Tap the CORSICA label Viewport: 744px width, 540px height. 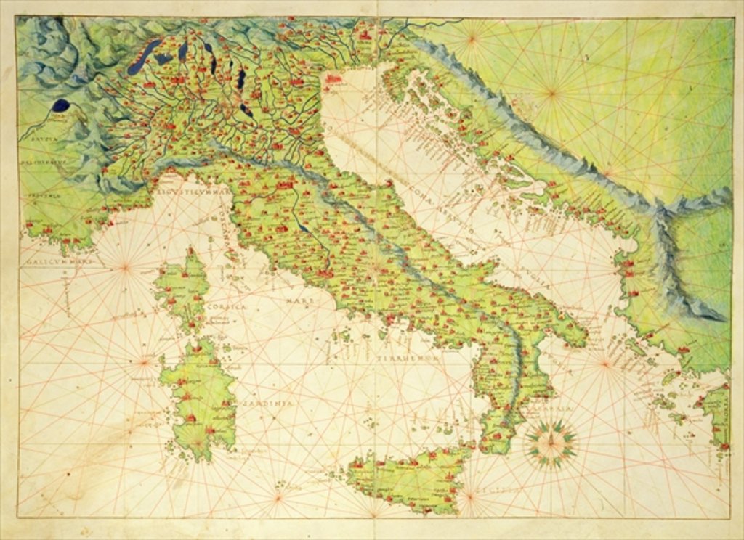[227, 308]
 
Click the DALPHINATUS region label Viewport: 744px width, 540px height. [44, 163]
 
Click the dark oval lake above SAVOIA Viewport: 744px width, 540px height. [62, 105]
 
